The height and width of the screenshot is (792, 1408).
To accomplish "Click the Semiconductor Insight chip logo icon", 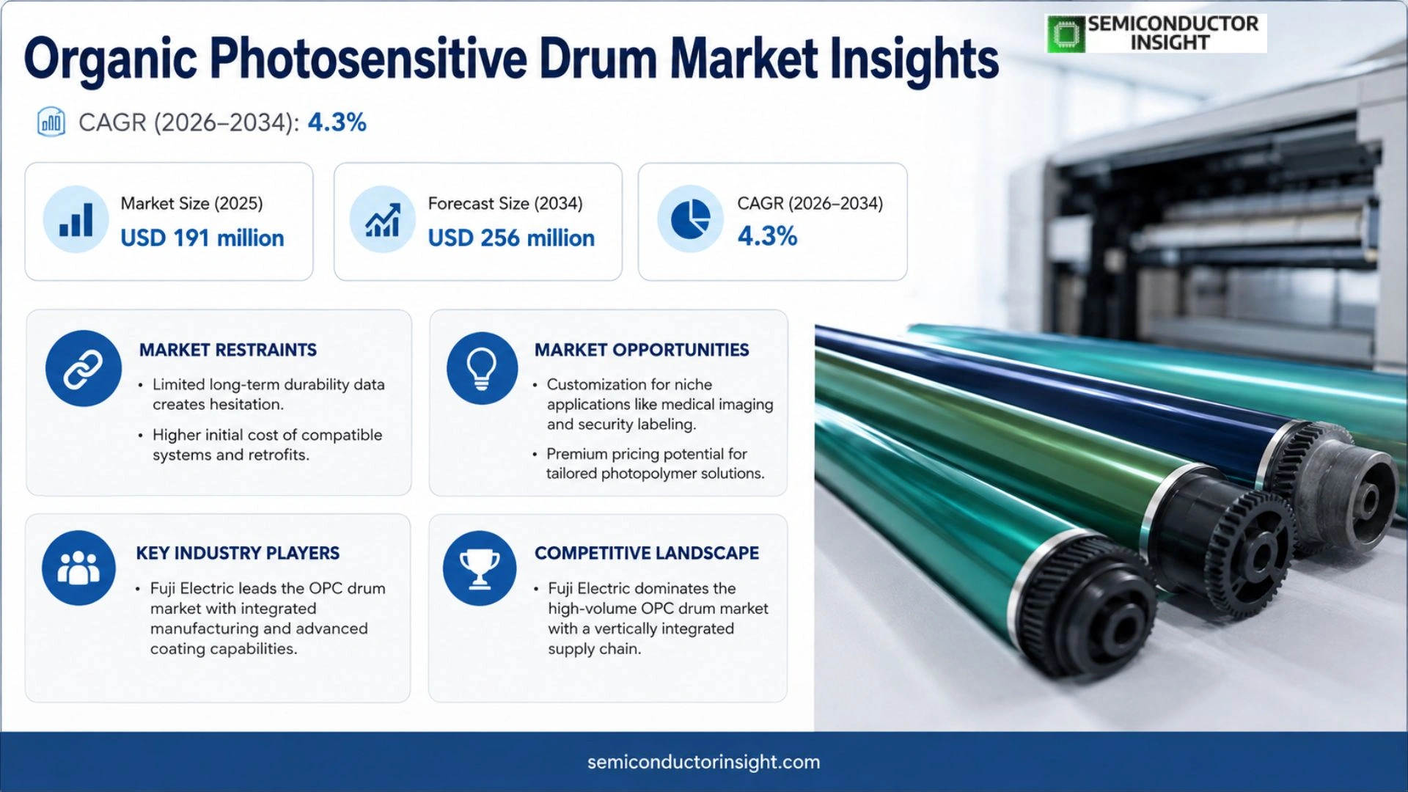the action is coord(1066,34).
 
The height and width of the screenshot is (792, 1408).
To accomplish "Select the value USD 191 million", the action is coord(202,238).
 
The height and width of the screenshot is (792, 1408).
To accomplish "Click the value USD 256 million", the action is coord(511,238).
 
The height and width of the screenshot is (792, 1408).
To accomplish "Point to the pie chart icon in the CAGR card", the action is coord(691,219).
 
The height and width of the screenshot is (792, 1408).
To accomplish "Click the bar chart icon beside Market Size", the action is coord(76,219).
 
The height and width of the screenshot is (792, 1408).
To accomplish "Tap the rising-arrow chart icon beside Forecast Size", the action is coord(383,219).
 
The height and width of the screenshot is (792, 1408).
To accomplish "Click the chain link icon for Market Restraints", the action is coord(84,368).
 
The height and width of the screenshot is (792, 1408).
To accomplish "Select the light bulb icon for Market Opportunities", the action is coord(482,368).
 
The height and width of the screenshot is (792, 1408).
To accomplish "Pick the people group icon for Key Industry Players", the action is coord(78,568).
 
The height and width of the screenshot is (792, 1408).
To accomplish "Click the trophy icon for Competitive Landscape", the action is coord(480,568).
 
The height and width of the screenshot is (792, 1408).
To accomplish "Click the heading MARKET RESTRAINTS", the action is coord(228,350).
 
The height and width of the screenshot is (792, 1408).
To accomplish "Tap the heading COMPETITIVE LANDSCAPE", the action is coord(647,553).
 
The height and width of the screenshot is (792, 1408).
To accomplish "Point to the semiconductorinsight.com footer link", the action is coord(704,762).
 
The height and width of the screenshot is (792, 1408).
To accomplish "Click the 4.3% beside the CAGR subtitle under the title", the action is coord(337,122).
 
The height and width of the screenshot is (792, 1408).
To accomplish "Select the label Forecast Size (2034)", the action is coord(505,203).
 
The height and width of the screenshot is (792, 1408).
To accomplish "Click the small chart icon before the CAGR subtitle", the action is coord(51,122).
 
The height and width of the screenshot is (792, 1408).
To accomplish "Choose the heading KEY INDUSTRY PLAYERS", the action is coord(238,553).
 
